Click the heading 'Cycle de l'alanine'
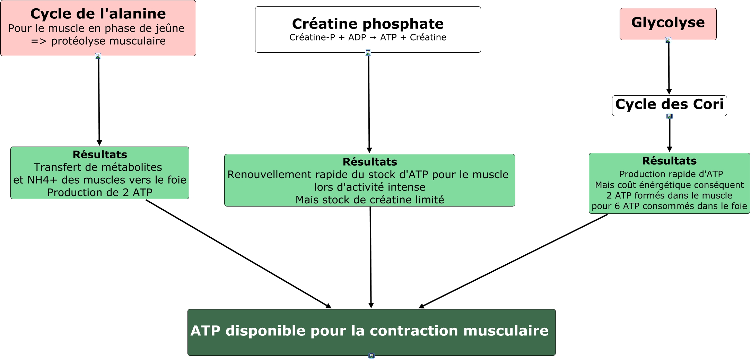coord(98,14)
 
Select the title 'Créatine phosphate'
coord(368,24)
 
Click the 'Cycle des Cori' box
coord(669,105)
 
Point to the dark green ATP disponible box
coord(371,332)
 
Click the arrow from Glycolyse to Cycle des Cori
coord(669,68)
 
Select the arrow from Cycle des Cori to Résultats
coord(670,134)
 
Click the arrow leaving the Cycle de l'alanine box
coord(99,100)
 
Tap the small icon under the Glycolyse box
coord(668,41)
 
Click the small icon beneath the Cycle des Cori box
coord(670,116)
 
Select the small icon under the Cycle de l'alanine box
coord(98,56)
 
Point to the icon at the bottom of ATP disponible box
coord(372,356)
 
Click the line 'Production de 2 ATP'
coord(100,192)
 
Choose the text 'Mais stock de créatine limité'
coord(370,200)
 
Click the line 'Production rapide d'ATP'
coord(671,174)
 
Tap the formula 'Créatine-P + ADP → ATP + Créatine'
coord(368,37)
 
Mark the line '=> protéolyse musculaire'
coord(98,41)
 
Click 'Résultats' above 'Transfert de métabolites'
coord(100,155)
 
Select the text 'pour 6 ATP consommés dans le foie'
coord(669,206)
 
